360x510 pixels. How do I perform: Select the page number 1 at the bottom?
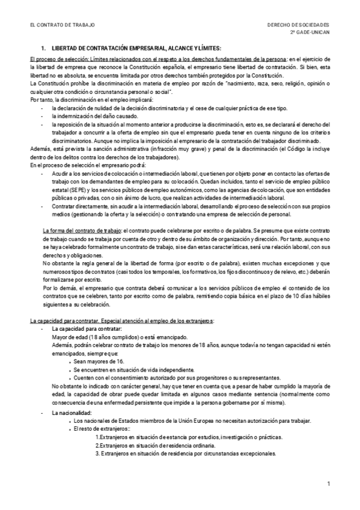[329, 484]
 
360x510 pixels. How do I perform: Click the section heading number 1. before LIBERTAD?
[43, 47]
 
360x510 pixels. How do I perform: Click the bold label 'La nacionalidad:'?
[72, 413]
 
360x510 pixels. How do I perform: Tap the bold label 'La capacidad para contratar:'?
[87, 330]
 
